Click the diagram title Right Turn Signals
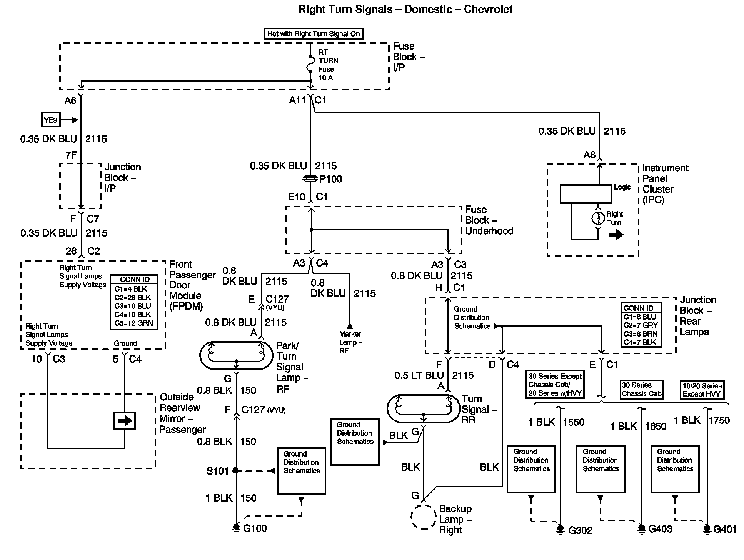pyautogui.click(x=405, y=9)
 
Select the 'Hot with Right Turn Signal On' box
pyautogui.click(x=314, y=34)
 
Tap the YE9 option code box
pyautogui.click(x=50, y=120)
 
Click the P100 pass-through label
pyautogui.click(x=330, y=179)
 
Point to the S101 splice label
pyautogui.click(x=217, y=471)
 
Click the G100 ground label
pyautogui.click(x=255, y=528)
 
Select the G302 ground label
pyautogui.click(x=580, y=531)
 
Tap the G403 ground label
pyautogui.click(x=660, y=529)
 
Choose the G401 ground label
pyautogui.click(x=725, y=530)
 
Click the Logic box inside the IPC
pyautogui.click(x=586, y=194)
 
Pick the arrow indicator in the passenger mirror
pyautogui.click(x=125, y=421)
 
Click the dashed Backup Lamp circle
pyautogui.click(x=424, y=517)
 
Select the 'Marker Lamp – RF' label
pyautogui.click(x=350, y=342)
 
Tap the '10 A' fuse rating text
pyautogui.click(x=325, y=78)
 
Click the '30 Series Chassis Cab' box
pyautogui.click(x=641, y=389)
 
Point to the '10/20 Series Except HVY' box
pyautogui.click(x=702, y=390)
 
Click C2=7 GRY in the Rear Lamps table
pyautogui.click(x=641, y=325)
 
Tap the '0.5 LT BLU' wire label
pyautogui.click(x=419, y=375)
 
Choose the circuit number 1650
pyautogui.click(x=656, y=426)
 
